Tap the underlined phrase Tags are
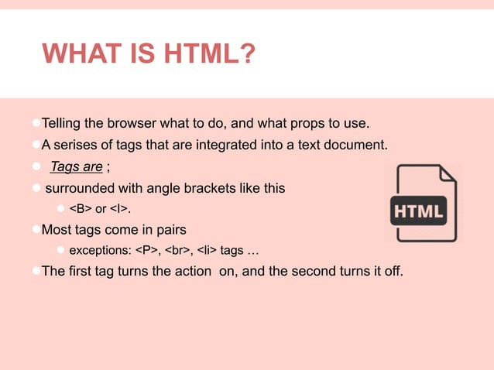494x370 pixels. tap(77, 166)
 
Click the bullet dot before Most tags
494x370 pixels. tap(36, 230)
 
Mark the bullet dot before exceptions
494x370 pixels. tap(62, 252)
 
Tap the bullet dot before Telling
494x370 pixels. tap(36, 124)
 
